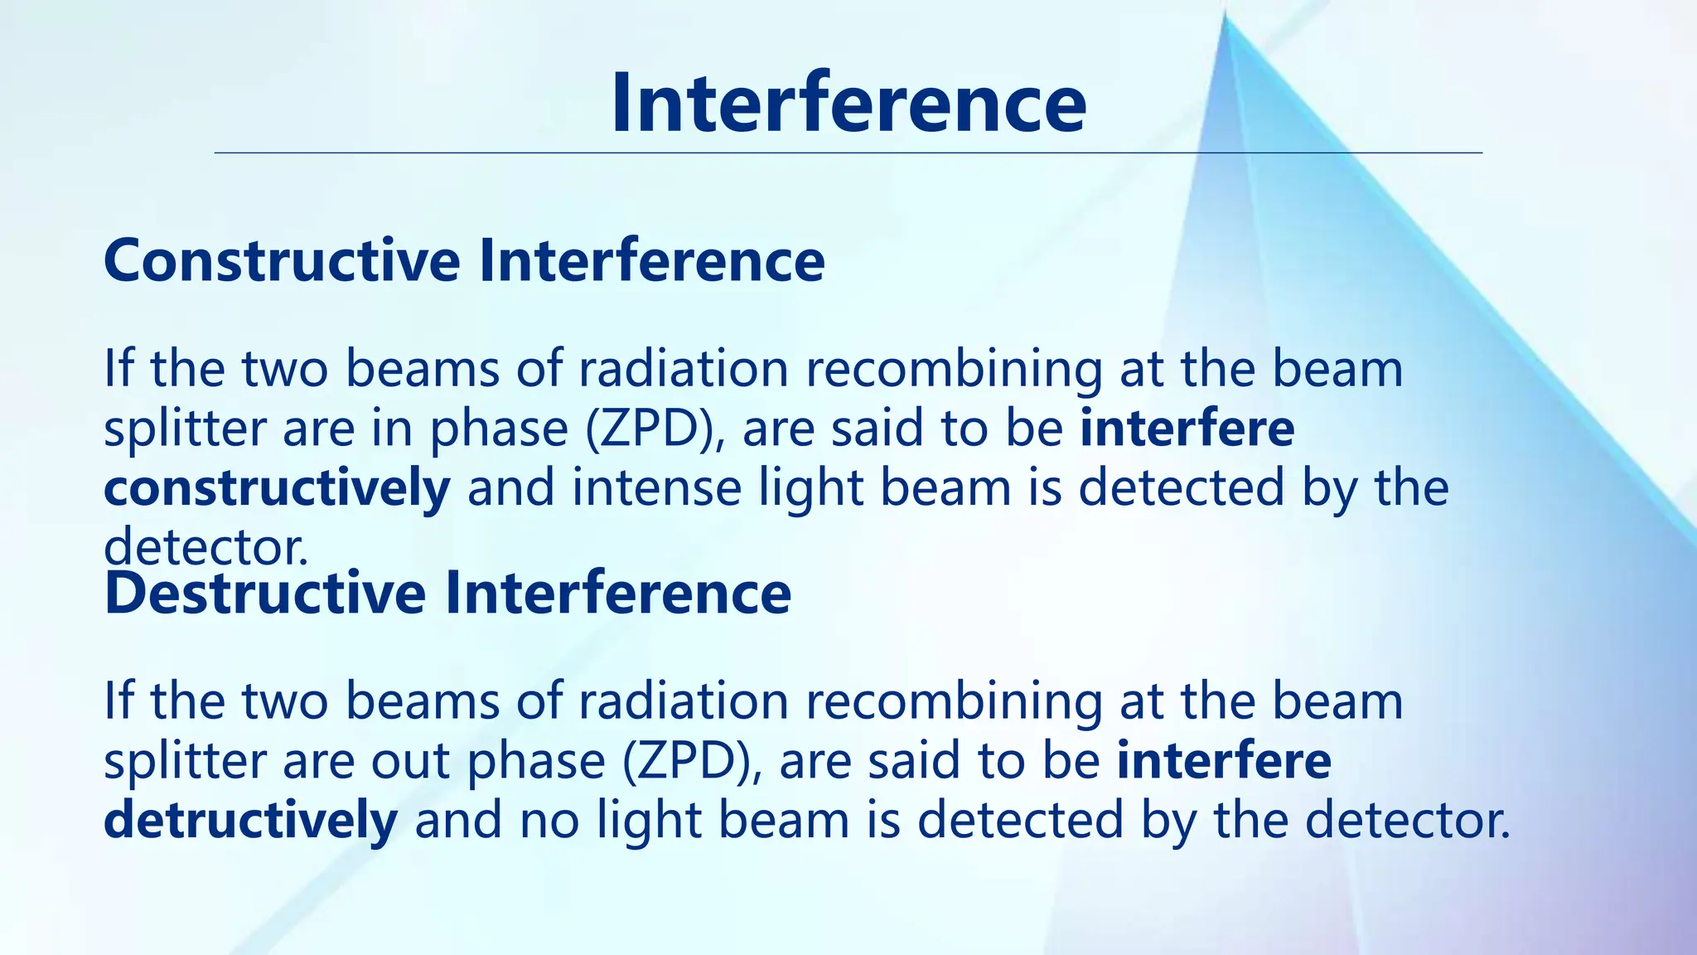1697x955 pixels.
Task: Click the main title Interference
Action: tap(848, 103)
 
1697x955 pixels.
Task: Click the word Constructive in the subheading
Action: tap(282, 261)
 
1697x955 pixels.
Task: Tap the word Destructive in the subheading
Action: tap(265, 594)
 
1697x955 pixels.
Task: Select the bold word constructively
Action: tap(277, 488)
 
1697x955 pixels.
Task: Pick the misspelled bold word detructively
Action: tap(250, 821)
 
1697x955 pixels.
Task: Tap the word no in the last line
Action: tap(549, 821)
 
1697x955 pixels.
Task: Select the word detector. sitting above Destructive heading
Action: tap(205, 548)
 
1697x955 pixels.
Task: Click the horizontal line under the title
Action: tap(848, 153)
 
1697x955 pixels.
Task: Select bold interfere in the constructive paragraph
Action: tap(1187, 429)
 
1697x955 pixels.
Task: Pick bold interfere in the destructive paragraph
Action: tap(1223, 761)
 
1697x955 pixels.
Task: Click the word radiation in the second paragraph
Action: tap(683, 701)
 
